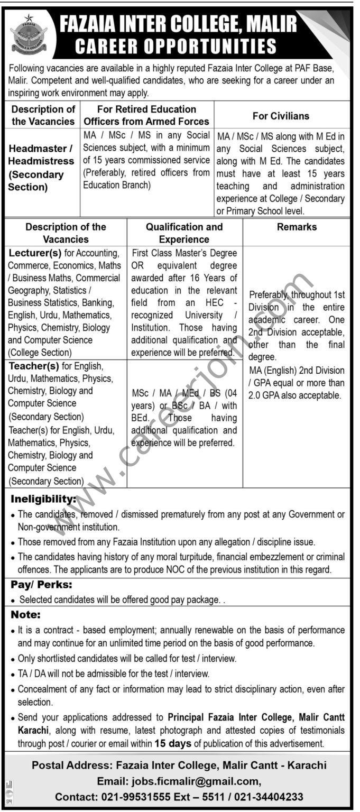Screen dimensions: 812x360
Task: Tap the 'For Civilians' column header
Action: click(x=282, y=115)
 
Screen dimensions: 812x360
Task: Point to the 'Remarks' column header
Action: click(x=297, y=227)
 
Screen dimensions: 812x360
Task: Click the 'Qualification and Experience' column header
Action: click(x=184, y=233)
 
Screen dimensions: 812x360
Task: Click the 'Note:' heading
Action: click(x=25, y=615)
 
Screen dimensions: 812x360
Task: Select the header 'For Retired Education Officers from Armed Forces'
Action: click(x=146, y=115)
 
